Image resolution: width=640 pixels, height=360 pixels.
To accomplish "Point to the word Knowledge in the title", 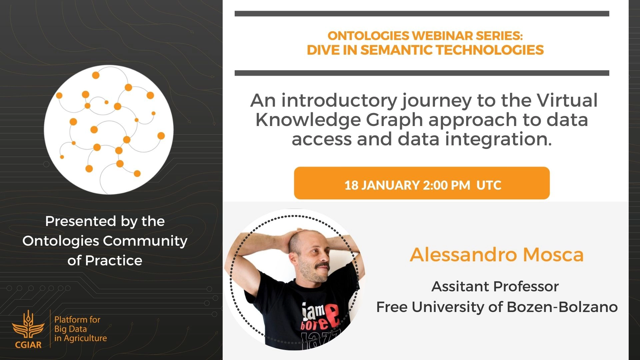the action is [x=308, y=120].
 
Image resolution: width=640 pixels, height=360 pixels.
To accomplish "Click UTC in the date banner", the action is [x=489, y=185].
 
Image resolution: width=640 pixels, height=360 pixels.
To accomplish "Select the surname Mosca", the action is [x=553, y=255].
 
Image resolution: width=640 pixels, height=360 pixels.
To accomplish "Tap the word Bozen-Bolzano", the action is [x=562, y=307].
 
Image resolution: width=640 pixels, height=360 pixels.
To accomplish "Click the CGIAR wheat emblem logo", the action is [x=28, y=325].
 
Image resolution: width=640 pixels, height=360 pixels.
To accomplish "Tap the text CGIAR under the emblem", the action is [x=28, y=345].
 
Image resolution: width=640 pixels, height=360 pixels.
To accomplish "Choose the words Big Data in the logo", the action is [x=71, y=329].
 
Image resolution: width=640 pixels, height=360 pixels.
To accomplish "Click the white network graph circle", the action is [x=109, y=130].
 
